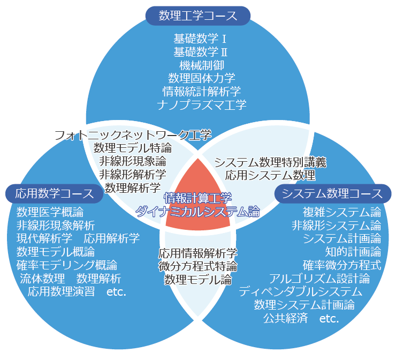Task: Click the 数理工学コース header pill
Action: coord(198,15)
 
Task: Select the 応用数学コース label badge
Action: coord(54,193)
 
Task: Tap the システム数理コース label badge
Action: coord(332,193)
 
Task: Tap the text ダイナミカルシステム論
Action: coord(197,211)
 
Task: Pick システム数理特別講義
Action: coord(270,162)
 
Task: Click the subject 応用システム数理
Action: coord(270,175)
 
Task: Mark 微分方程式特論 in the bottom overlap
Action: coord(198,266)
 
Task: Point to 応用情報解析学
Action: coord(198,252)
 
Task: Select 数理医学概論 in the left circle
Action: coord(50,211)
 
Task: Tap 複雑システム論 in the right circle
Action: coord(342,211)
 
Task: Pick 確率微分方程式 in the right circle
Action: coord(342,265)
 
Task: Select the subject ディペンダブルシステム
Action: coord(301,292)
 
